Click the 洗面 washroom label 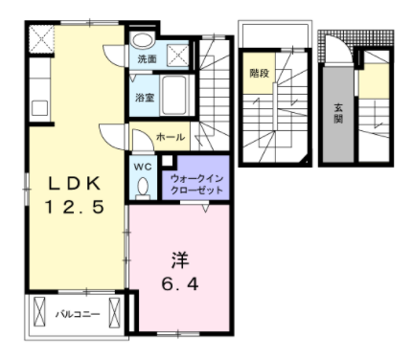tap(147, 59)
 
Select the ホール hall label tap(171, 137)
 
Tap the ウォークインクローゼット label tap(196, 184)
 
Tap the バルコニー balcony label tap(77, 313)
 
